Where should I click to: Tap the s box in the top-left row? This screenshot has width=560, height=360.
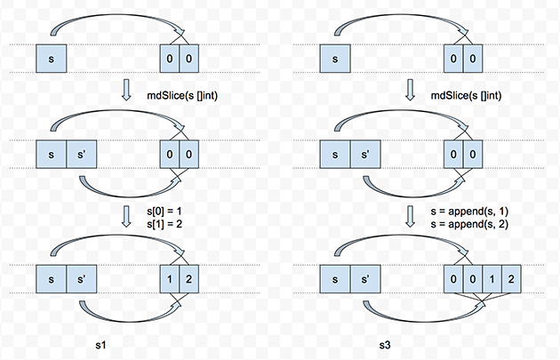[52, 59]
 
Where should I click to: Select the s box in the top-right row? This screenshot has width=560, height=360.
[334, 59]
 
